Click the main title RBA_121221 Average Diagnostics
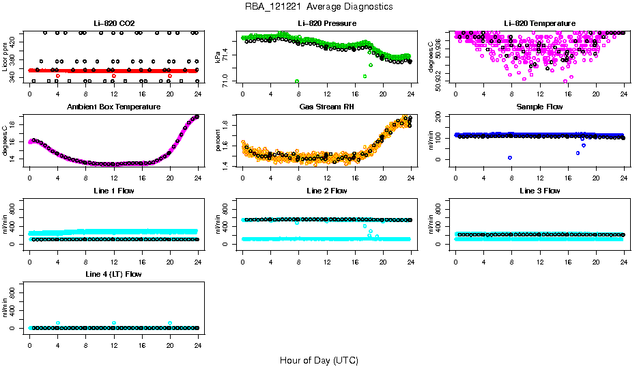[x=319, y=6]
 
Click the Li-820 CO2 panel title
[x=114, y=23]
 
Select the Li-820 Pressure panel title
[x=327, y=23]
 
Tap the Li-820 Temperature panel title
[x=539, y=23]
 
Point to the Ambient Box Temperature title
[x=114, y=107]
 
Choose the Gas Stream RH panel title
[x=327, y=107]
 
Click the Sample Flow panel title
[x=539, y=107]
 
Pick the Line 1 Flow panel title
[x=114, y=190]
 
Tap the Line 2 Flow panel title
[x=327, y=190]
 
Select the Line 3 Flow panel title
[x=539, y=190]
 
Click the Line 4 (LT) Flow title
[x=114, y=273]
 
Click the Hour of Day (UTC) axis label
[x=319, y=359]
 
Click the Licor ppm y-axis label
[x=5, y=57]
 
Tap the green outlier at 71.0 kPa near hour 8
[x=297, y=81]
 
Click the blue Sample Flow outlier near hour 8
[x=510, y=158]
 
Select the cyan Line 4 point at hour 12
[x=114, y=323]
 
